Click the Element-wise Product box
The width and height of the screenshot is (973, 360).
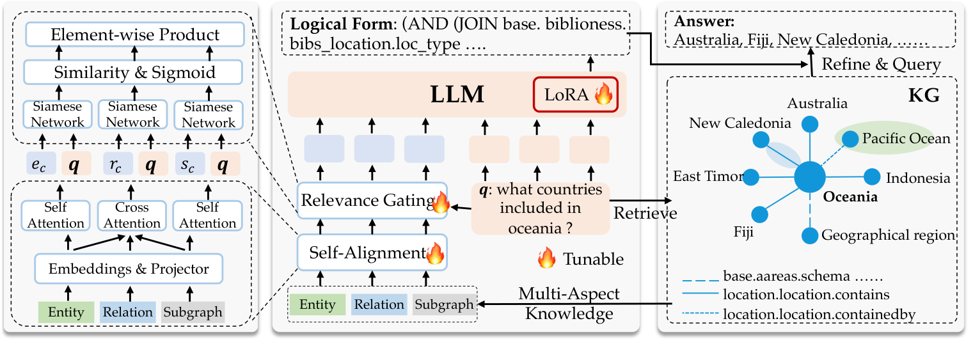[x=135, y=35]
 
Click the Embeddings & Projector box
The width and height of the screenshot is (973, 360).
[x=129, y=269]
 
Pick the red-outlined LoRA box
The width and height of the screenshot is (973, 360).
[x=576, y=95]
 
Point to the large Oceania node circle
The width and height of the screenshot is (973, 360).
[x=810, y=177]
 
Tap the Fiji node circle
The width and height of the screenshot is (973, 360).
[x=759, y=214]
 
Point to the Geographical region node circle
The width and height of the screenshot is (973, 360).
[x=811, y=235]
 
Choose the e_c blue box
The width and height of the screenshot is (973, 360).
[x=39, y=164]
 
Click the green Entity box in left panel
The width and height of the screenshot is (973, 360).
[x=66, y=312]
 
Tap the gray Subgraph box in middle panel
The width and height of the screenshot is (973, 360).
[x=443, y=304]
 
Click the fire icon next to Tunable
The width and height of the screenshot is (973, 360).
[x=546, y=259]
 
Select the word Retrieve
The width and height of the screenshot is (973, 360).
[x=645, y=213]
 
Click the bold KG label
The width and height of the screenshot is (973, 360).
[x=922, y=96]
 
